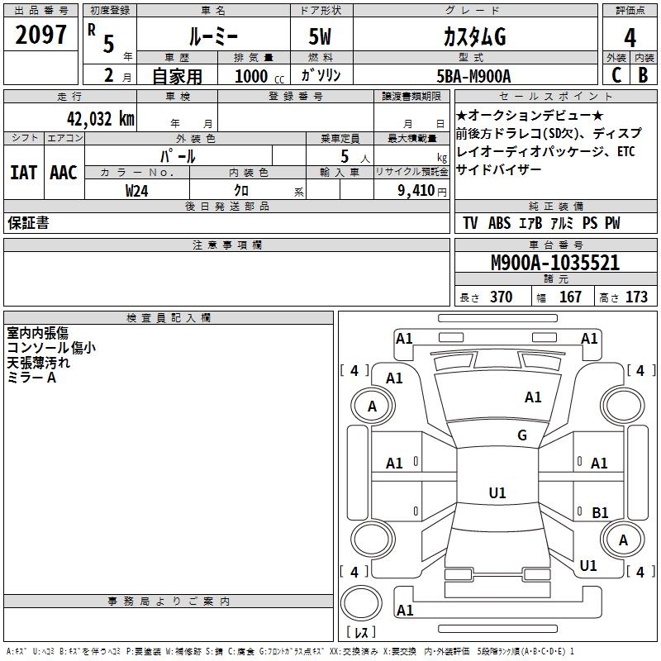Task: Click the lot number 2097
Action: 41,36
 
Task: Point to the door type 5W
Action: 321,37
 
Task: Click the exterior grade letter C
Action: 616,75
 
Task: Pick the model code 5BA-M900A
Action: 473,76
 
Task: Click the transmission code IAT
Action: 24,172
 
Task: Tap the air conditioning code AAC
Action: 64,172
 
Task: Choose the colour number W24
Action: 137,190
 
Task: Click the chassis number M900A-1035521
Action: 554,264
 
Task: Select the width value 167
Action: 570,297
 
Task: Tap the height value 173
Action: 636,297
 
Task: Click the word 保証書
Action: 28,223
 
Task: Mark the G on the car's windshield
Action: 521,435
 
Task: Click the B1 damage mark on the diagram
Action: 601,513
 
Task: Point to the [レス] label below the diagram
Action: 361,632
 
